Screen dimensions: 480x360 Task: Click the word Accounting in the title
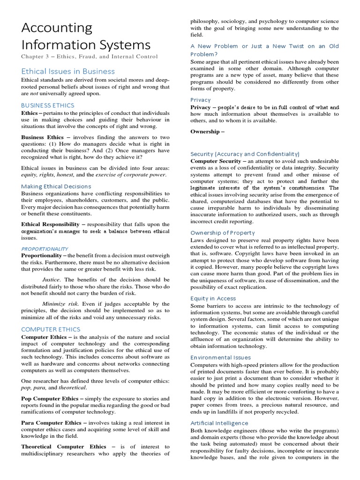click(x=57, y=28)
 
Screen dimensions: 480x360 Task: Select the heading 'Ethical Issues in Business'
click(x=68, y=71)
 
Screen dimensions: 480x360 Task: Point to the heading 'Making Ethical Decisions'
click(x=56, y=186)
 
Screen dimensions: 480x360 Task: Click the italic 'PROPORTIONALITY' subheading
click(x=45, y=248)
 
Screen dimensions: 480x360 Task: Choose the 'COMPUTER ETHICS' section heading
click(x=51, y=329)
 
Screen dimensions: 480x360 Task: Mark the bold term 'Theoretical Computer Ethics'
click(x=64, y=447)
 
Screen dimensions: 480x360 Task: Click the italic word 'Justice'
click(x=52, y=279)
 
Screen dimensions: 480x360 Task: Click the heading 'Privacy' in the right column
click(x=201, y=100)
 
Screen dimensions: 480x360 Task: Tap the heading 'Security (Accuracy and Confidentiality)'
click(x=245, y=154)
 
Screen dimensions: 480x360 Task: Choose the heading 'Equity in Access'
click(x=213, y=298)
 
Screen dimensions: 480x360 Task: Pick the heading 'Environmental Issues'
click(x=220, y=358)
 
